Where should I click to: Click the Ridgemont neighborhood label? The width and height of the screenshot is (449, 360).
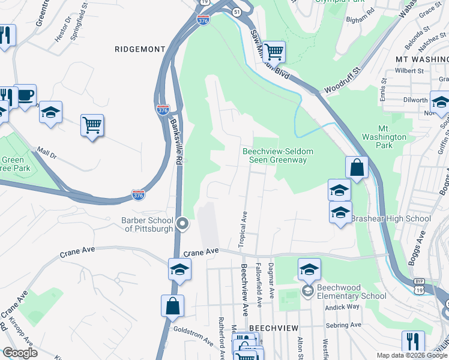click(x=139, y=49)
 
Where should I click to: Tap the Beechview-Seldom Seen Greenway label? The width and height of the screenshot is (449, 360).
click(x=275, y=155)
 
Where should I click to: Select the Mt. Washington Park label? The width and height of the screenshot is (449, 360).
click(x=393, y=137)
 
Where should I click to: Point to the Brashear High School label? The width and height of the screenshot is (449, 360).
click(x=391, y=218)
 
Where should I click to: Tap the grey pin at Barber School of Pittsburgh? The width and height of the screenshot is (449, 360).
click(x=184, y=224)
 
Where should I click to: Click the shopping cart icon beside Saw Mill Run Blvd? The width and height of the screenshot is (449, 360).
click(x=274, y=52)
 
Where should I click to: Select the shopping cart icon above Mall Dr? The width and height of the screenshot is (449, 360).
click(x=92, y=125)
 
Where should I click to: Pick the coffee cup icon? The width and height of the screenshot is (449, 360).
click(x=25, y=95)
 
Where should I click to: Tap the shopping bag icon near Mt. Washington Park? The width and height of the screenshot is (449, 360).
click(x=357, y=167)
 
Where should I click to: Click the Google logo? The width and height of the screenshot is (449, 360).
click(x=20, y=353)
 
